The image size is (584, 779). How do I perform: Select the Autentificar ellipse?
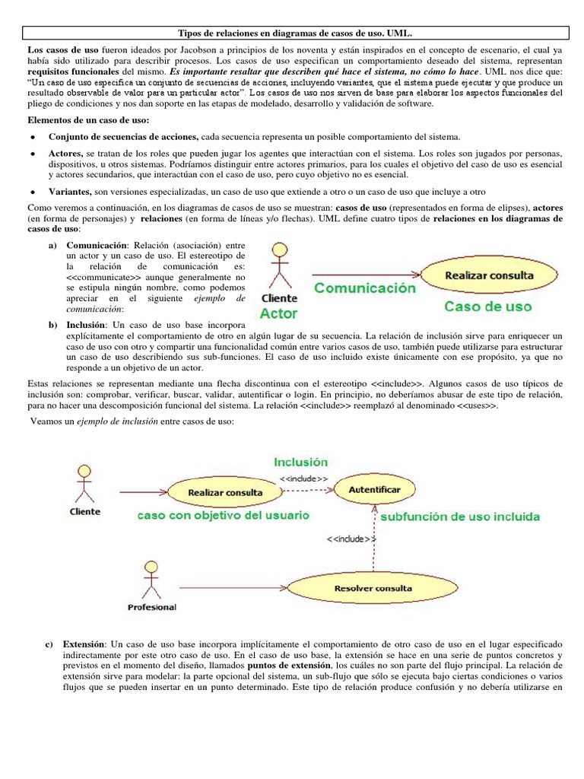click(373, 491)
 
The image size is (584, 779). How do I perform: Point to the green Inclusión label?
click(301, 462)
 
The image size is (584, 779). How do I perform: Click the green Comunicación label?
click(365, 288)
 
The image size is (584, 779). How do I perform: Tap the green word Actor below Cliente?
click(278, 313)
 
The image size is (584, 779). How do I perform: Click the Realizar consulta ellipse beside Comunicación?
click(489, 275)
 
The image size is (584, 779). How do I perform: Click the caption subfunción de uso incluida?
click(460, 517)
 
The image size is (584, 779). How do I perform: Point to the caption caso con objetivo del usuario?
click(223, 515)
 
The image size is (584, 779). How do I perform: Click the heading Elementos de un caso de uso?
click(88, 121)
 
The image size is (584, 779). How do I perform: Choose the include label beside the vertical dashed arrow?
click(351, 539)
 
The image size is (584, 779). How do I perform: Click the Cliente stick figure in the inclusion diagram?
click(84, 483)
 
